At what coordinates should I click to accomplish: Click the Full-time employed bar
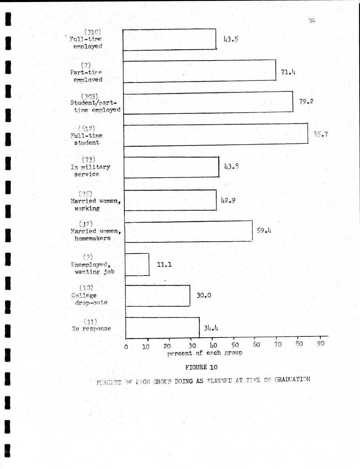tap(169, 40)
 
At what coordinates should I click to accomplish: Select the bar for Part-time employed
tap(200, 71)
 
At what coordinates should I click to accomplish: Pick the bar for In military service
tap(172, 167)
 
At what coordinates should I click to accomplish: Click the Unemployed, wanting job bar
tap(137, 264)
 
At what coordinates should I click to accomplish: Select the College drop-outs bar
tap(158, 296)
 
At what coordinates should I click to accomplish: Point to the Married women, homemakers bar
tap(189, 231)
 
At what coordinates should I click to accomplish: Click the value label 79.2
tap(306, 101)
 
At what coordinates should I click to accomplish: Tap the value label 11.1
tap(164, 264)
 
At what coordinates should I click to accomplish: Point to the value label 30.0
tap(204, 295)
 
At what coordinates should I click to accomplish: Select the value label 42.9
tap(228, 200)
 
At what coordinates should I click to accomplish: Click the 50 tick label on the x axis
tap(235, 345)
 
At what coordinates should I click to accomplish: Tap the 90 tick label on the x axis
tap(321, 344)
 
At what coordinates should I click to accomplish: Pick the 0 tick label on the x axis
tap(126, 347)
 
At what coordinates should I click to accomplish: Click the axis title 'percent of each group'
tap(205, 353)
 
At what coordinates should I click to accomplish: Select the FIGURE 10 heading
tap(201, 367)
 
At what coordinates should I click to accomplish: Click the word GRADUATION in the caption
tap(292, 379)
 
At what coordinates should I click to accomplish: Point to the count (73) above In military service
tap(88, 159)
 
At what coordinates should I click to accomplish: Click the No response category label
tap(91, 329)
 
